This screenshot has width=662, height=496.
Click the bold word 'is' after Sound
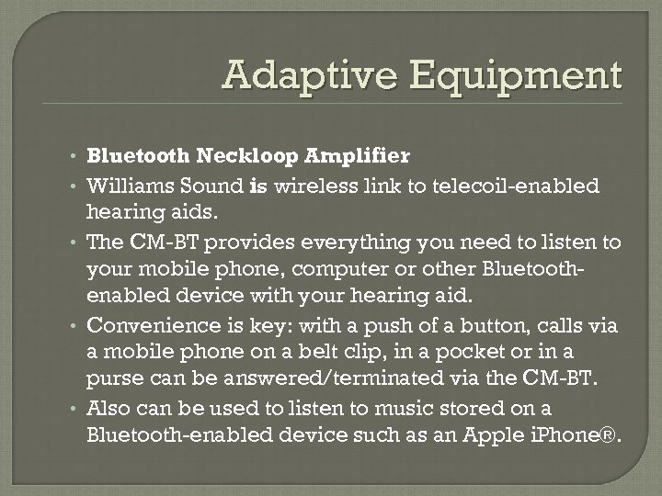click(x=257, y=186)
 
